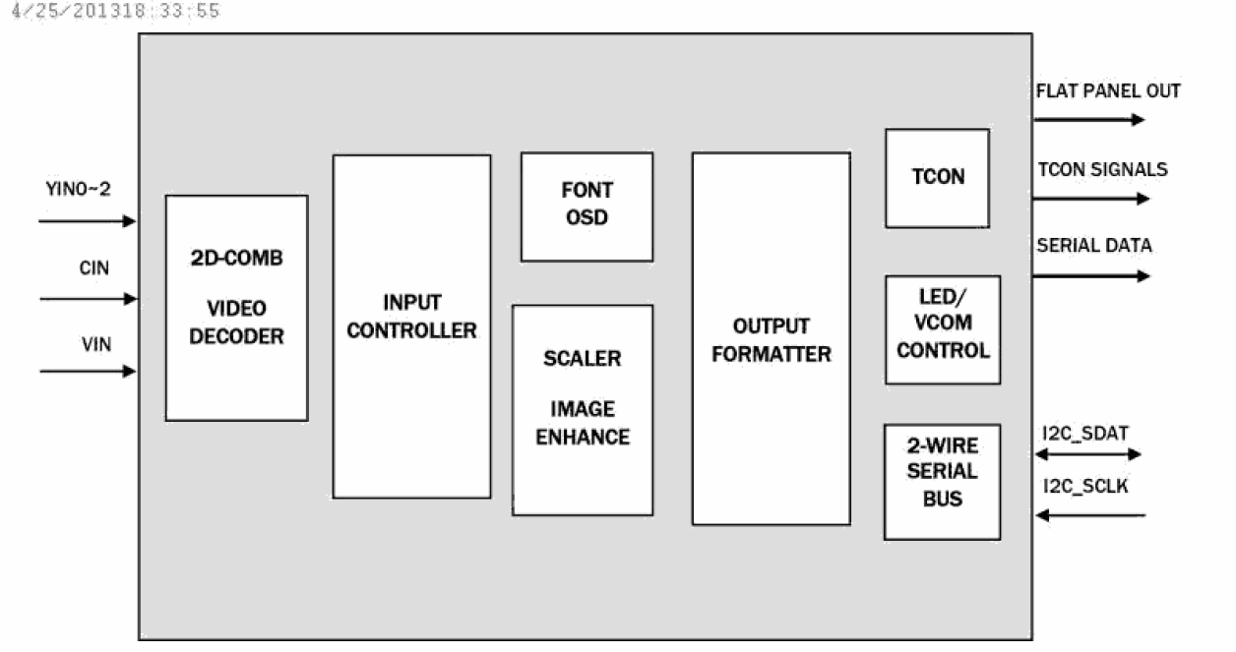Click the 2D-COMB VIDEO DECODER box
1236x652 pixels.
tap(236, 308)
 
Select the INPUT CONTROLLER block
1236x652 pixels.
tap(411, 326)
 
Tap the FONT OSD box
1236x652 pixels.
tap(587, 207)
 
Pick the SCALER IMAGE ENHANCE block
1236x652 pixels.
tap(583, 409)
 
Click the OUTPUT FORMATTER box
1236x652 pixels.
tap(771, 338)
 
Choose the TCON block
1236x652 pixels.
tap(937, 178)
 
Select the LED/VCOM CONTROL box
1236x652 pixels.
tap(942, 329)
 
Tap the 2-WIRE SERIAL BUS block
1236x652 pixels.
tap(942, 482)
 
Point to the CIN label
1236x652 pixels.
tap(94, 267)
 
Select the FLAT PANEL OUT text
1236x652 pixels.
tap(1108, 91)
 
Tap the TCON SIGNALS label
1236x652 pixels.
tap(1102, 169)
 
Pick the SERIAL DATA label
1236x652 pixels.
tap(1093, 246)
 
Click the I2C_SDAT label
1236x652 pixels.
tap(1084, 432)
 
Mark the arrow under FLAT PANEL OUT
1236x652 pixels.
tap(1088, 120)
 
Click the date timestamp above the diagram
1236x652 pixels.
tap(112, 12)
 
